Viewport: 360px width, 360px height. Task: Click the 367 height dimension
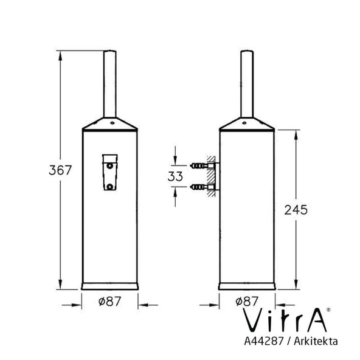(x=60, y=170)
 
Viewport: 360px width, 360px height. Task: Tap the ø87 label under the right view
(x=247, y=300)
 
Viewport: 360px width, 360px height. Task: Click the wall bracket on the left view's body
(x=109, y=174)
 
